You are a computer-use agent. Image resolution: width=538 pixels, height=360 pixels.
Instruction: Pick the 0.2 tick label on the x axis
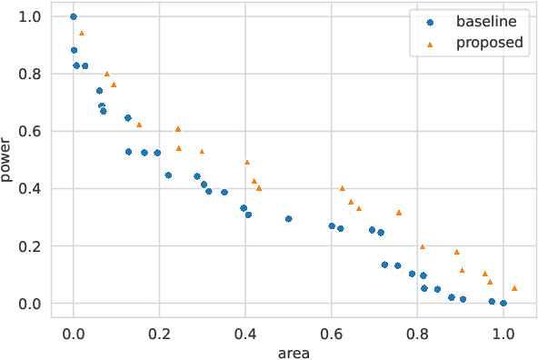click(159, 333)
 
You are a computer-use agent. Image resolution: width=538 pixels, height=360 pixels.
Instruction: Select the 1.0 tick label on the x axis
click(503, 333)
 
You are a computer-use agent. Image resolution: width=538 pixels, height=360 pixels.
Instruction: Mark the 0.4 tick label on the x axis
click(245, 333)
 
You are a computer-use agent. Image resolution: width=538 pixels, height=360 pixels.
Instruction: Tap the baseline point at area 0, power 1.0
click(74, 16)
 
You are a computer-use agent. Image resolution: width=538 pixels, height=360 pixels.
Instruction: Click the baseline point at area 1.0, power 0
click(503, 304)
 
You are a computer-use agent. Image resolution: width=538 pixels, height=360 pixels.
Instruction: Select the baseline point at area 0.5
click(289, 219)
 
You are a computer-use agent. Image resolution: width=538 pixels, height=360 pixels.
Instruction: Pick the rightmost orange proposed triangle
click(514, 288)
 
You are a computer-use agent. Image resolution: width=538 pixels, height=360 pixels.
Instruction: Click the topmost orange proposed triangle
click(82, 33)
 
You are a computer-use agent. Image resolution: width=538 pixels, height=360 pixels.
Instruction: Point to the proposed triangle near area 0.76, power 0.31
click(399, 213)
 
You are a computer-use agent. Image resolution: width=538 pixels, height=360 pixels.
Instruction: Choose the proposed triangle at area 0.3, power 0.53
click(202, 152)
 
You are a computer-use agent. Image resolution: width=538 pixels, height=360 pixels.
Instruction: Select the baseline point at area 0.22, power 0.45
click(168, 175)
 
